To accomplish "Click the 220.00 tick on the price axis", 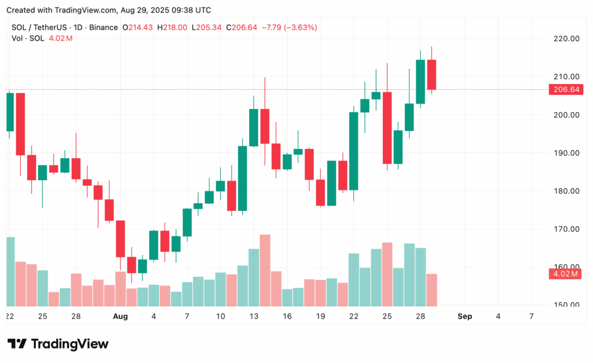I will tap(566, 39).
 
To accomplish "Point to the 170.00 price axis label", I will tap(566, 229).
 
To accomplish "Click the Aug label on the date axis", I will tap(120, 316).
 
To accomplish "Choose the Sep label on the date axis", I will tap(464, 316).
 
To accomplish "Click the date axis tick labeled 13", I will tap(253, 316).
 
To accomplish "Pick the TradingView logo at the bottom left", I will tap(58, 344).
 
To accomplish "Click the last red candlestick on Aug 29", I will tap(431, 75).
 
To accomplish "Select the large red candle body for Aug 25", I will tap(387, 127).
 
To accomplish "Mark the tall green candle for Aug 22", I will tap(353, 151).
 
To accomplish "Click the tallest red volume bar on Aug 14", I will tap(265, 270).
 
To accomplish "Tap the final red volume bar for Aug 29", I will tap(431, 289).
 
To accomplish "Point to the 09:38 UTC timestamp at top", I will tap(191, 10).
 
